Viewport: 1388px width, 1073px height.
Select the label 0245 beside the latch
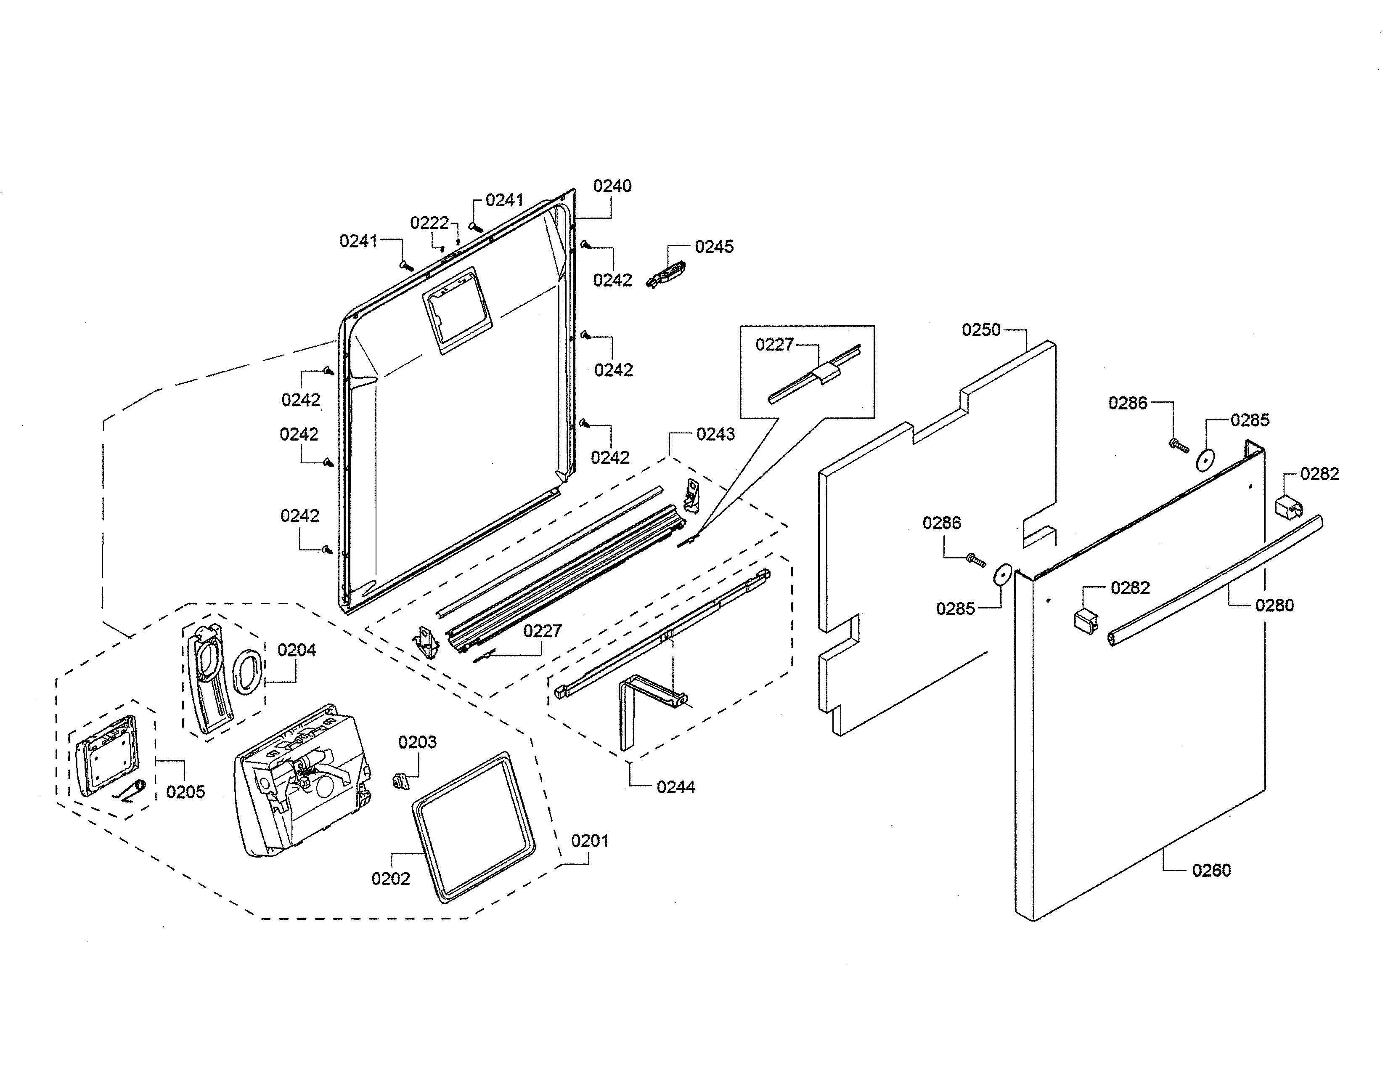click(714, 247)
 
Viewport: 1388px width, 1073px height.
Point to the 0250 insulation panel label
click(980, 330)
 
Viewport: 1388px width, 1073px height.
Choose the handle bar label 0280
click(1274, 605)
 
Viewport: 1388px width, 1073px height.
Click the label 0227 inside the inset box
click(774, 345)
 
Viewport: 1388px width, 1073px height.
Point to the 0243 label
click(715, 434)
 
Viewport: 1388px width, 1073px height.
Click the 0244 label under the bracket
click(675, 787)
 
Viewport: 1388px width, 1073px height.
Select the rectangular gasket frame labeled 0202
click(474, 826)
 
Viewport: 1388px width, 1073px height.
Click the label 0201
click(589, 841)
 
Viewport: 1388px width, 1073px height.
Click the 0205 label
click(185, 792)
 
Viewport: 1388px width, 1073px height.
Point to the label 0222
click(429, 223)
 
